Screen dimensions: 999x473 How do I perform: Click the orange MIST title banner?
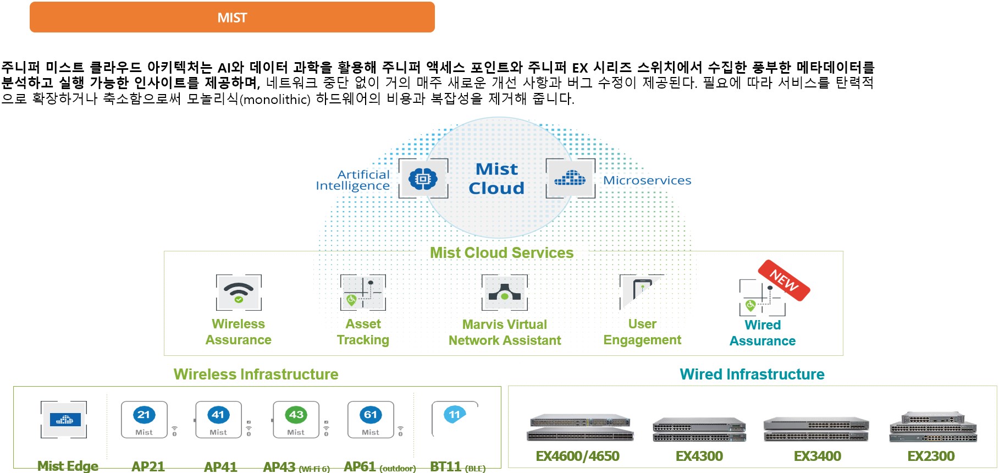click(232, 17)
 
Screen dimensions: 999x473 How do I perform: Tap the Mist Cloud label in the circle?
click(496, 178)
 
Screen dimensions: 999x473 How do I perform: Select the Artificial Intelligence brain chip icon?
click(423, 179)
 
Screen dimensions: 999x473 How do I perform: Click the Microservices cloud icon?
click(570, 178)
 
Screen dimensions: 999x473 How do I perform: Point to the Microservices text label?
click(647, 180)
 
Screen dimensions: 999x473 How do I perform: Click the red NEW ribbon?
click(784, 280)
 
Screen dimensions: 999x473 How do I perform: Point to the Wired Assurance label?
click(763, 333)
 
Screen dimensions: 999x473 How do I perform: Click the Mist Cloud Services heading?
click(501, 252)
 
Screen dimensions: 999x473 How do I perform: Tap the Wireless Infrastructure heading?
click(256, 374)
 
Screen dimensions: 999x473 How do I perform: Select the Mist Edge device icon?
click(64, 420)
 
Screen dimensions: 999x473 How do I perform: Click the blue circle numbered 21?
click(143, 415)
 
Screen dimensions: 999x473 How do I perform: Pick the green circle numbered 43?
click(296, 415)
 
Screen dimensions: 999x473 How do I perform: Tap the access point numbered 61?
click(371, 420)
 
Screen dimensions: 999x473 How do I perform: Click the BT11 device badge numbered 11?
click(455, 415)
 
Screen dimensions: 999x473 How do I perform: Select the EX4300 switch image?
click(699, 429)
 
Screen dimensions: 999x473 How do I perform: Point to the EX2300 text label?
click(931, 456)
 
